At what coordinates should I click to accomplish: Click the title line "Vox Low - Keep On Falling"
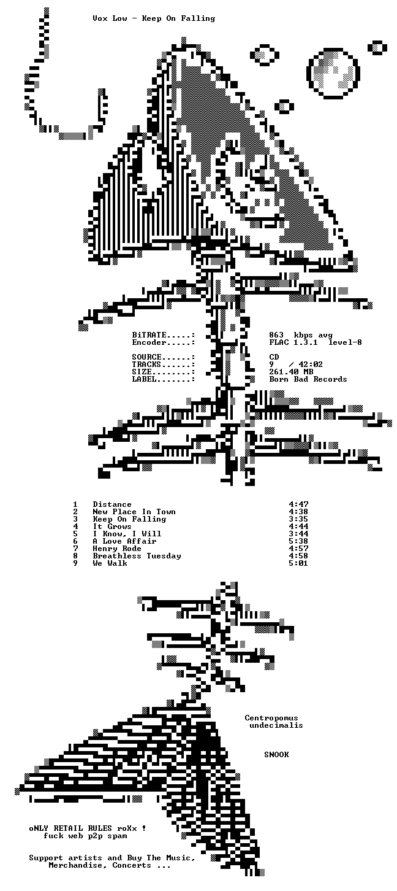154,18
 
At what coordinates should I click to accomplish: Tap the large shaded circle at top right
333,73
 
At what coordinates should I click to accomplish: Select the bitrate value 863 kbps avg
301,335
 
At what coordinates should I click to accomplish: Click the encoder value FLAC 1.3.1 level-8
316,342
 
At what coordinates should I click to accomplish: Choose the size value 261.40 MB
291,371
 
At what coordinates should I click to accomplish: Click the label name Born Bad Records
308,379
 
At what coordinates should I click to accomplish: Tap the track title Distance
112,504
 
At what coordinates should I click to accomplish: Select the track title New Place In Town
134,512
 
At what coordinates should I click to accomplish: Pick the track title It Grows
112,526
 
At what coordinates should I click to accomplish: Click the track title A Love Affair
124,541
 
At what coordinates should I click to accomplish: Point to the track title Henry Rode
117,549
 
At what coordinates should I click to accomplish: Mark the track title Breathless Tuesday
137,556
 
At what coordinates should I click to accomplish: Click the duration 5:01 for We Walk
298,563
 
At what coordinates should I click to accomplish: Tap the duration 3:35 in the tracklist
298,519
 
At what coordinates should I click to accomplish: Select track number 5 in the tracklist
75,534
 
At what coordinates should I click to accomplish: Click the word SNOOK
276,755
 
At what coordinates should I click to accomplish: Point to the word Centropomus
271,718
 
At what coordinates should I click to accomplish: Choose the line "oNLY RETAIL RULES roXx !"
88,828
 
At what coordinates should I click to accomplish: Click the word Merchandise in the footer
75,865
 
